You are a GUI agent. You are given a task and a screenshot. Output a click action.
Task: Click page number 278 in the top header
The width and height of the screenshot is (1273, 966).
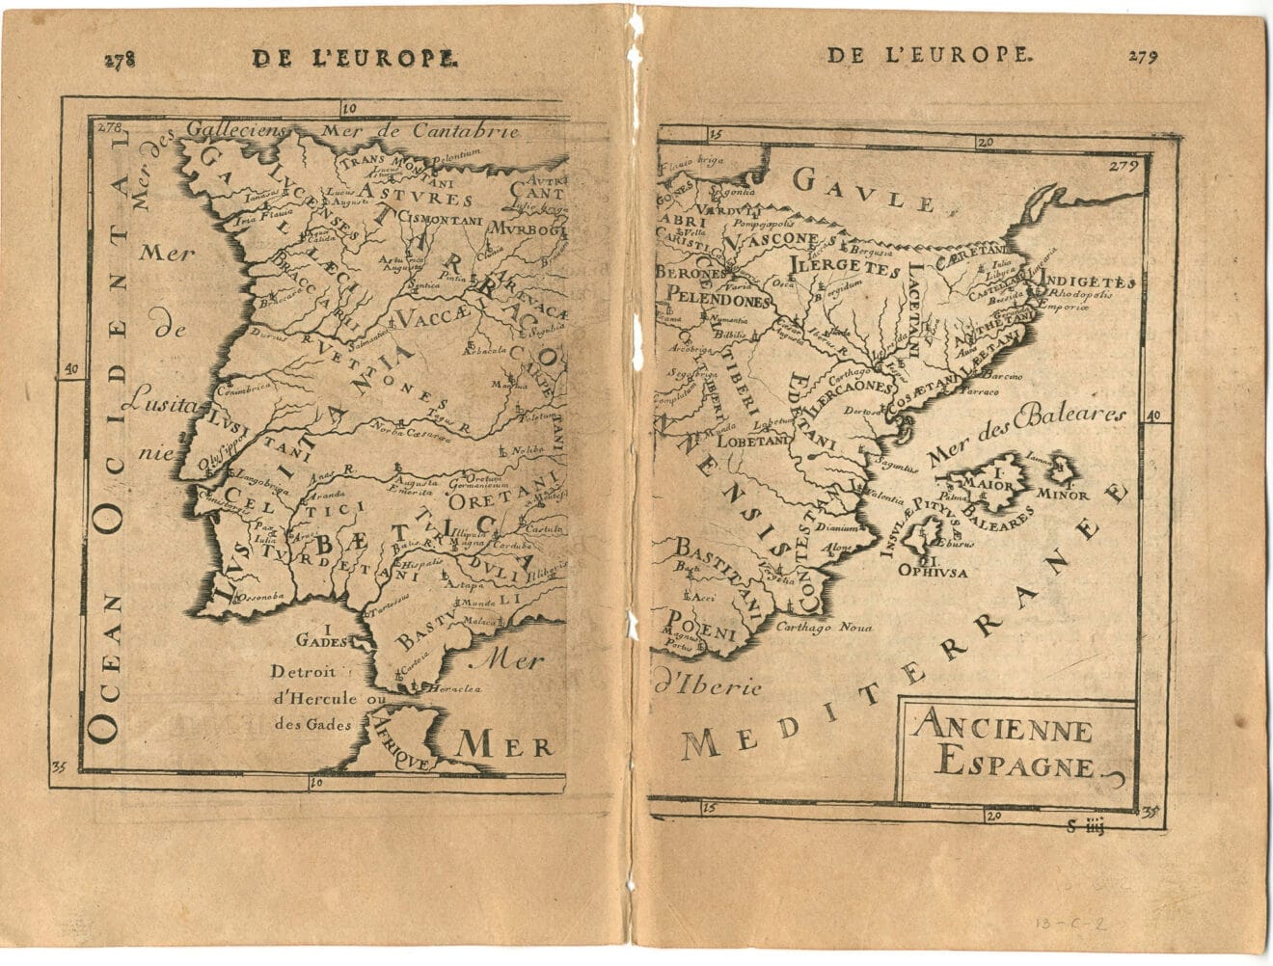[120, 59]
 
